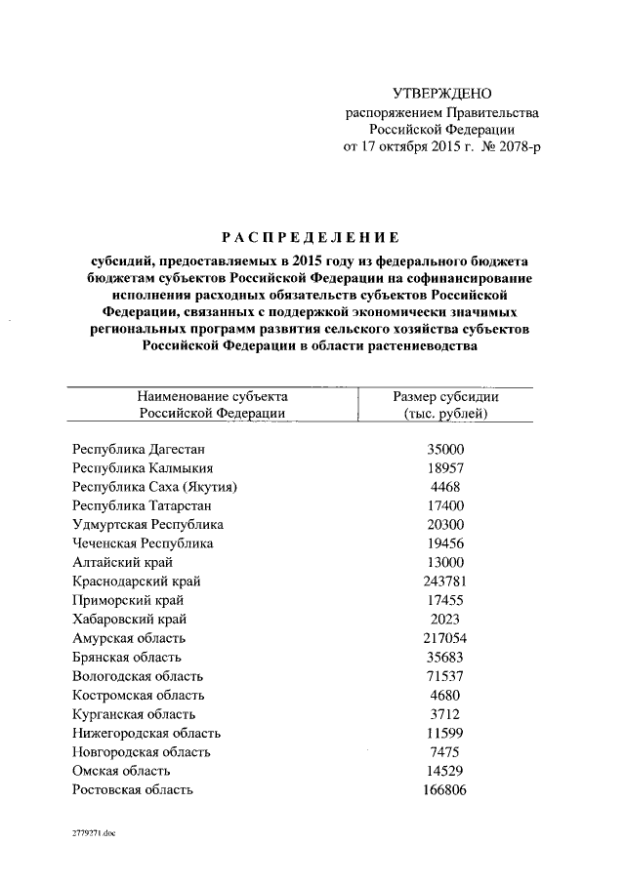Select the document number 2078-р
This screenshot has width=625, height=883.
click(x=515, y=146)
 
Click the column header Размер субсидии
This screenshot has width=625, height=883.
click(x=445, y=396)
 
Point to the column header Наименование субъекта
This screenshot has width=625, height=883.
click(x=212, y=396)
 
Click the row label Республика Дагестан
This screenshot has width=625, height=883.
click(x=141, y=450)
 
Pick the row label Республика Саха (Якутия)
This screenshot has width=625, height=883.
click(x=155, y=487)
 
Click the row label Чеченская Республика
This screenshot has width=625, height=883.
click(x=143, y=543)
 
